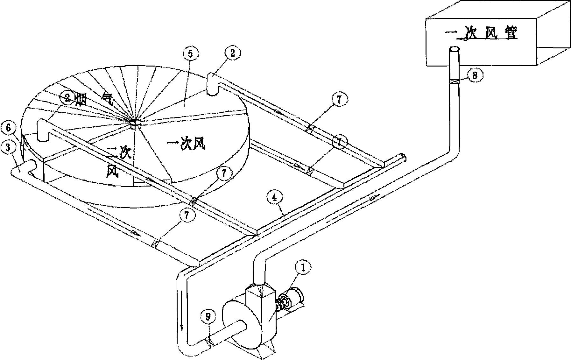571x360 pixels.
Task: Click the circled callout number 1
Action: coord(302,268)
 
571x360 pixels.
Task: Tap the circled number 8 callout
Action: coord(475,76)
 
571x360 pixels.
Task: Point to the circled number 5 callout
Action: coord(190,54)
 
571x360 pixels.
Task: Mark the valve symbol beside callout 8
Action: coord(454,82)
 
